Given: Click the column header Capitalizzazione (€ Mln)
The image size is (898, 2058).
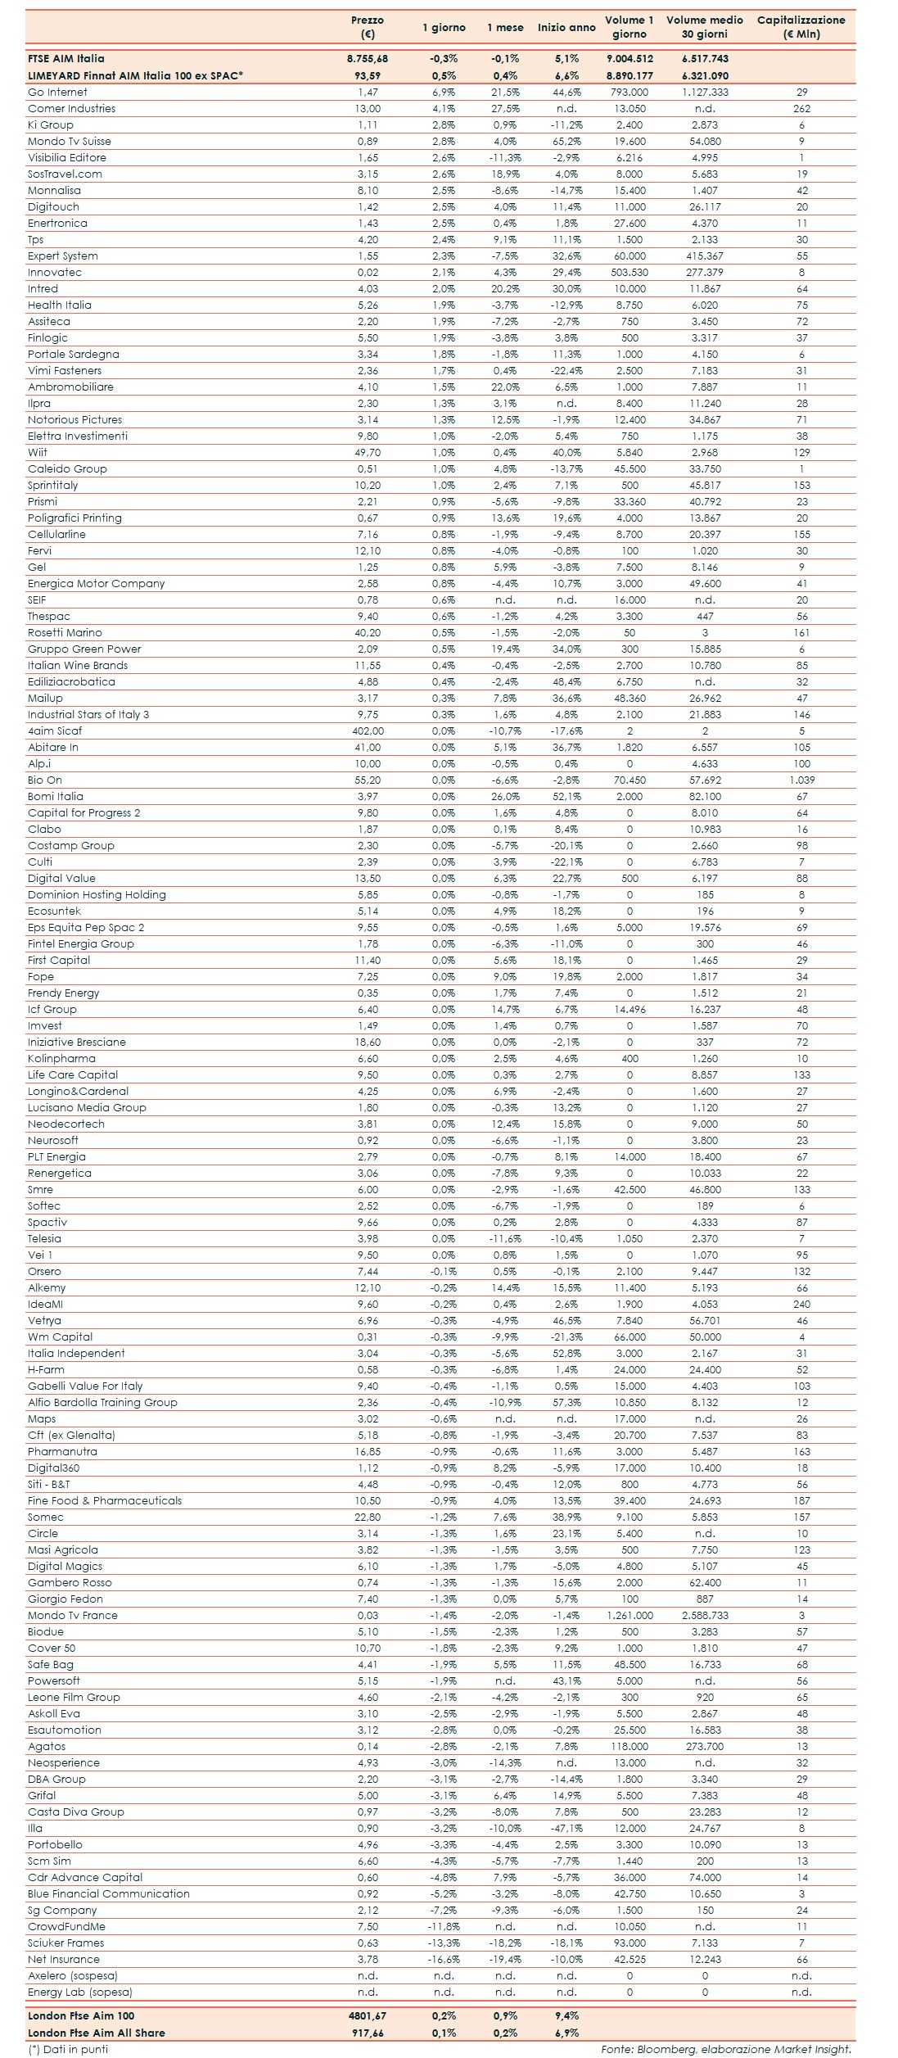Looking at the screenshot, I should (801, 27).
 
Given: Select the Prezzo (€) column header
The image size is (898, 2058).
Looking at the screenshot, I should (368, 27).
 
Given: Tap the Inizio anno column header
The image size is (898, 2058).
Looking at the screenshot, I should (566, 27).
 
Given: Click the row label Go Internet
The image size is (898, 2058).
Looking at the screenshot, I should (57, 92).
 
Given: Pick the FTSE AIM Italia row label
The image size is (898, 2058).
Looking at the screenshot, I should (66, 58).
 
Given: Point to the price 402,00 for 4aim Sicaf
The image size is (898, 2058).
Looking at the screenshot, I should (368, 730).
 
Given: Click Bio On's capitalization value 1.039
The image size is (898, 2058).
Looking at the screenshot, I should (801, 780).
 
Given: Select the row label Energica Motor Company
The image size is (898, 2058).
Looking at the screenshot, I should (96, 583).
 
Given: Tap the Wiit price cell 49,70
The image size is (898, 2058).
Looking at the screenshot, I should (368, 452).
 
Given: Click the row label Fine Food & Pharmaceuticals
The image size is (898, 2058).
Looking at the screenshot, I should (105, 1500).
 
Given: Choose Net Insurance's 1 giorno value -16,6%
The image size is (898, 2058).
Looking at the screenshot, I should (444, 1959).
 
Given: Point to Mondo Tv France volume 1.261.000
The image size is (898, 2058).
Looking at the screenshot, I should (630, 1615).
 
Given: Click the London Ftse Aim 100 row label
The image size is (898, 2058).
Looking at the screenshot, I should (81, 2015).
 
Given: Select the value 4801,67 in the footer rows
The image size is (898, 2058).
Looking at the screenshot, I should (368, 2015).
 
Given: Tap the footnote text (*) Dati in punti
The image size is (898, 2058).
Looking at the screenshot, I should (68, 2049).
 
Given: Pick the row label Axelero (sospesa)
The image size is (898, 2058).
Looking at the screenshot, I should (73, 1975).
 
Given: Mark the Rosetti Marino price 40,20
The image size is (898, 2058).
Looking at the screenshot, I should (368, 632).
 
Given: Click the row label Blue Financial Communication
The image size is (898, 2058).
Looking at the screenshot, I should (108, 1893).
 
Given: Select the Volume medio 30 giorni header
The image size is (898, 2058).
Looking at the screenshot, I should (704, 27).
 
